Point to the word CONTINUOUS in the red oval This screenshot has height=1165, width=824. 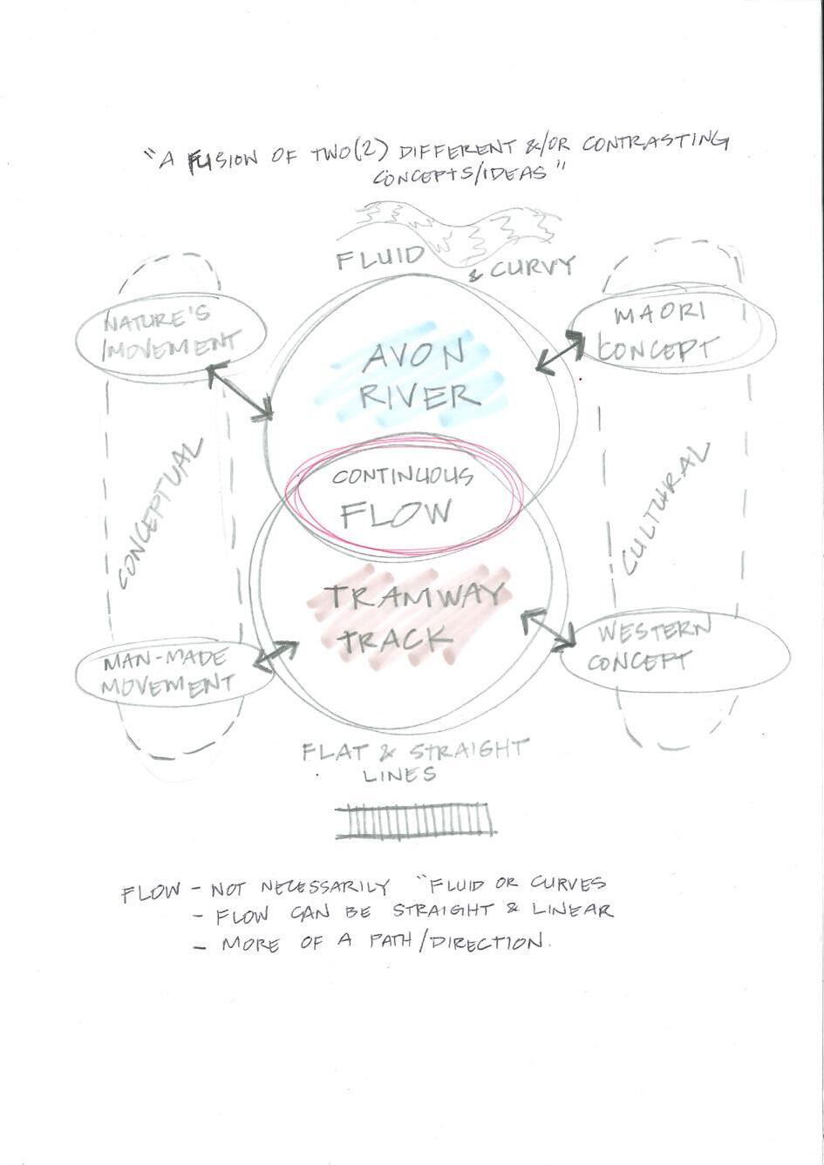pos(402,477)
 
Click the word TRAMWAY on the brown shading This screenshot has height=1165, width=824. pos(414,598)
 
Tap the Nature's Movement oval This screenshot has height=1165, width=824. pos(170,335)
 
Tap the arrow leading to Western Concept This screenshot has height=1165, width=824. pos(548,628)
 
